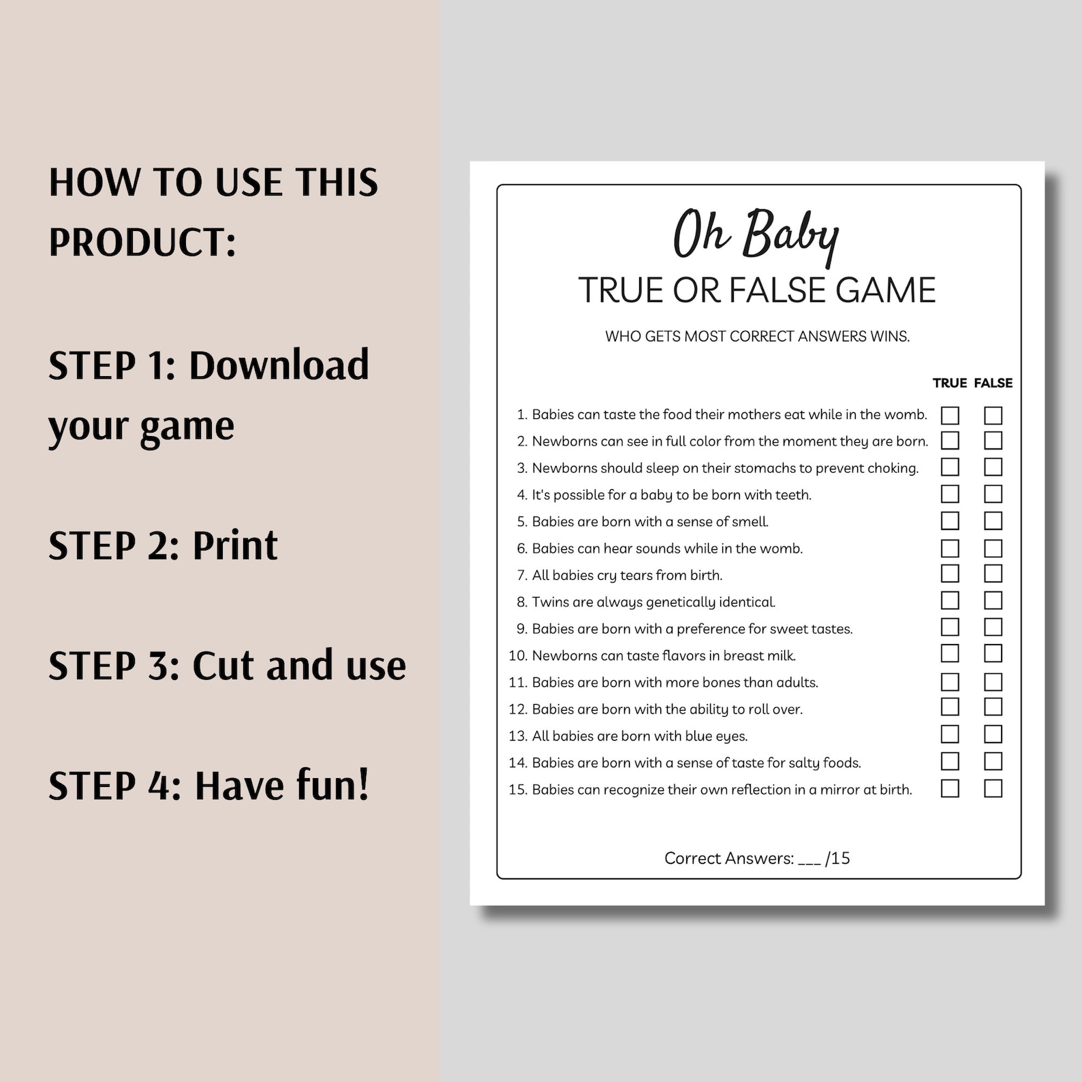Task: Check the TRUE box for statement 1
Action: (x=950, y=415)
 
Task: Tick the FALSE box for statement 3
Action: (x=993, y=467)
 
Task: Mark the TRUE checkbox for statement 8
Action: (x=950, y=600)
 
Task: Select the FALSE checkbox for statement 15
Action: (x=993, y=788)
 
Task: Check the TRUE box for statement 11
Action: (x=950, y=681)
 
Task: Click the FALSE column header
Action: (x=993, y=383)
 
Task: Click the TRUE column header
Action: (x=950, y=383)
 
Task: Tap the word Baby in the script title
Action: (x=790, y=236)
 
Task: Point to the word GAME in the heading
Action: (x=886, y=290)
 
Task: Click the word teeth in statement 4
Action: (x=793, y=495)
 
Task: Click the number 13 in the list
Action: (x=518, y=736)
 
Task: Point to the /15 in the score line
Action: (x=837, y=858)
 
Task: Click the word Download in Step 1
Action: (x=279, y=365)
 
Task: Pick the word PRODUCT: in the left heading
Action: (x=142, y=242)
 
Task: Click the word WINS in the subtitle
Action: (x=890, y=337)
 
